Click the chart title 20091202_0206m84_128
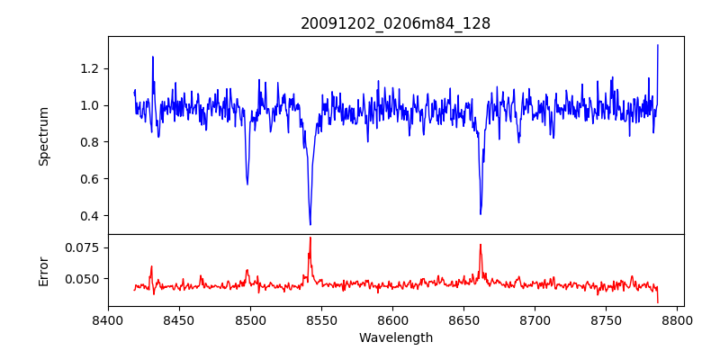[395, 23]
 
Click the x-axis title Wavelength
[395, 337]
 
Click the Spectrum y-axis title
[43, 135]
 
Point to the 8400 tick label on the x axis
[108, 319]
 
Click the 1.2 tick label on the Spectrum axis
[88, 68]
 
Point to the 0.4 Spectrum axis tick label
[88, 216]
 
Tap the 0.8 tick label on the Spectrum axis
[88, 142]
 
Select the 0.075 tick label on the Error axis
[84, 247]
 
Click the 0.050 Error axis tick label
[84, 279]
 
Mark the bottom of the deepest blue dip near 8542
[310, 225]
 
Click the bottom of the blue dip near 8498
[247, 184]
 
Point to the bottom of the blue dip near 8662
[481, 214]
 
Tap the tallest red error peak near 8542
[310, 238]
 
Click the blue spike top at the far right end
[658, 45]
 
